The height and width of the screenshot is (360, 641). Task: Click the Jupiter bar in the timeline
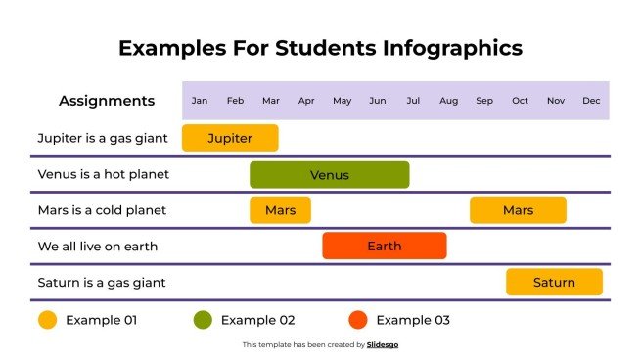[230, 138]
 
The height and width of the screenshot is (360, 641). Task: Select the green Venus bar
[329, 174]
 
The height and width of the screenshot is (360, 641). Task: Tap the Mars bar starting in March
[280, 210]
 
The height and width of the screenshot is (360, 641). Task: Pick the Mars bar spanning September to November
[518, 210]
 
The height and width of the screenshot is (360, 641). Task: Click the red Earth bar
[384, 246]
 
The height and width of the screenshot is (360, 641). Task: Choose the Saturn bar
[554, 282]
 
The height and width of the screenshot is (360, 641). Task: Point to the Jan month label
[200, 101]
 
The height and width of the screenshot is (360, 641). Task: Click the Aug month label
[448, 101]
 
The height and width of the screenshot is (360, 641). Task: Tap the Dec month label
[591, 101]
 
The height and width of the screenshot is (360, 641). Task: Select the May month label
[342, 101]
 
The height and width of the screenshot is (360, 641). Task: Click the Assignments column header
[107, 101]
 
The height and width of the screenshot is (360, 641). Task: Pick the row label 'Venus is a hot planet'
[103, 174]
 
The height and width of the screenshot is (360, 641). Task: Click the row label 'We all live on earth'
[97, 246]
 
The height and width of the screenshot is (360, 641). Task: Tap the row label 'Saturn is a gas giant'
[102, 282]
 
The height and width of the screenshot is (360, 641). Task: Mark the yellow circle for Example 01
[47, 319]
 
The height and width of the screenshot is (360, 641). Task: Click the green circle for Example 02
[203, 319]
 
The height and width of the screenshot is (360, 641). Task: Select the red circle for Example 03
[357, 319]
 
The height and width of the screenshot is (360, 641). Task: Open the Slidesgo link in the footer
[383, 344]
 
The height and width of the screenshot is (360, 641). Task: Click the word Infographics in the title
[441, 48]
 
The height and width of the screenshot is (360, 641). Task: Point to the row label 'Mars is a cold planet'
[102, 210]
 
